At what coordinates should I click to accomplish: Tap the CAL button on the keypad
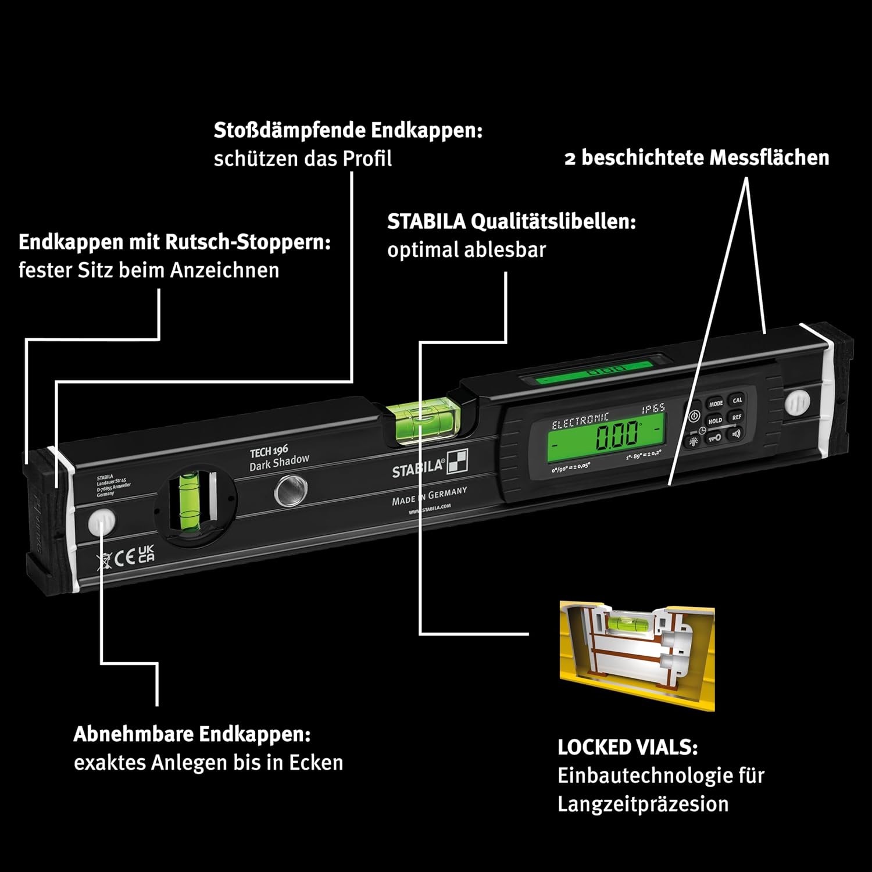[737, 400]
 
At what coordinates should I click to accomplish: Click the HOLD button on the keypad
[715, 420]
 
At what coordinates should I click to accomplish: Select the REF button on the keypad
[737, 417]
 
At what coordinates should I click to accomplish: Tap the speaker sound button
[735, 433]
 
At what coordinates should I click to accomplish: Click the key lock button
[714, 438]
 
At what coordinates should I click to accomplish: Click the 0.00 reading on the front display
[616, 436]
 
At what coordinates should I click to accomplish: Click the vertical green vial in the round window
[188, 500]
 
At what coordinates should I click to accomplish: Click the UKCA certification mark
[146, 553]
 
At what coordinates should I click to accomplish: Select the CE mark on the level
[124, 558]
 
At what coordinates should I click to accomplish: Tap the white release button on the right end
[796, 402]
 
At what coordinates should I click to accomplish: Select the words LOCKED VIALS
[627, 747]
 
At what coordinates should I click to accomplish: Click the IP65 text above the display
[653, 409]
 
